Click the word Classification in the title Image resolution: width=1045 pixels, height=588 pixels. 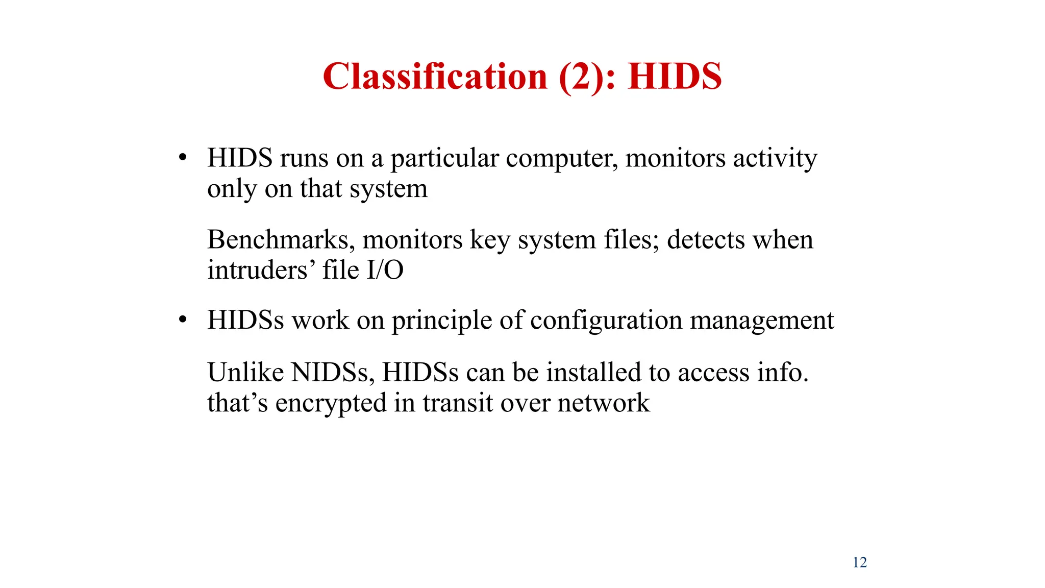point(435,77)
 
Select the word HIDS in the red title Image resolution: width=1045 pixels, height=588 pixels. point(675,77)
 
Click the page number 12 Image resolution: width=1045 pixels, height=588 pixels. point(860,562)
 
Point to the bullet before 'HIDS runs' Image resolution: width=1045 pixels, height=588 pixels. point(183,158)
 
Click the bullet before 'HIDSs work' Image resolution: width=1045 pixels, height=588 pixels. point(183,320)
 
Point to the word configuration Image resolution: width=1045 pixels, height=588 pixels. point(606,321)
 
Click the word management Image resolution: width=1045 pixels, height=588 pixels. point(762,321)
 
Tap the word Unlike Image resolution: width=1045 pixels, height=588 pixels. point(245,372)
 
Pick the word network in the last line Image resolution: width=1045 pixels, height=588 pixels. point(604,403)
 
